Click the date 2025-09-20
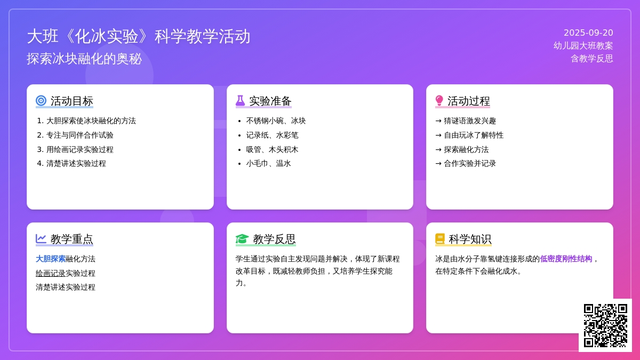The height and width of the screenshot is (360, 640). click(x=588, y=33)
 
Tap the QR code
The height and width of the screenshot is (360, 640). click(x=605, y=325)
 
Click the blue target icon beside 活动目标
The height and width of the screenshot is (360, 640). click(x=41, y=101)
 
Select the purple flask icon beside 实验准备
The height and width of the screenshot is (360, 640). click(x=241, y=101)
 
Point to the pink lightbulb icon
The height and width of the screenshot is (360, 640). click(x=439, y=101)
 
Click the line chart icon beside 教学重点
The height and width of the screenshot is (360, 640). click(x=41, y=238)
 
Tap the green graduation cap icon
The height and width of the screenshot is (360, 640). click(x=242, y=239)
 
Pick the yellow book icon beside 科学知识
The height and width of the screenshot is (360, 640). click(x=440, y=238)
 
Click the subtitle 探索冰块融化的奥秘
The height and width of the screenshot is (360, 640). click(x=84, y=59)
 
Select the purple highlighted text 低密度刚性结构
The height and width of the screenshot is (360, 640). click(x=566, y=259)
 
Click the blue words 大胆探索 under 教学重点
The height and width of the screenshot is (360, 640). click(x=51, y=259)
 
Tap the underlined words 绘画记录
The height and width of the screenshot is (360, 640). click(x=51, y=273)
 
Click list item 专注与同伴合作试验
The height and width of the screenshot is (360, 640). click(x=79, y=135)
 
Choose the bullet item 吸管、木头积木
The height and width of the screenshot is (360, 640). click(x=272, y=149)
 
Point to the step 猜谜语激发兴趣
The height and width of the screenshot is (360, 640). click(x=470, y=121)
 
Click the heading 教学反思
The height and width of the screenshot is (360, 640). click(x=274, y=239)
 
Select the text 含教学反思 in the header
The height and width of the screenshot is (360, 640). click(x=591, y=59)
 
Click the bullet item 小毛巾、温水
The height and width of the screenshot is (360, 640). click(x=268, y=163)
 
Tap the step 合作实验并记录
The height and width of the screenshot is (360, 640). click(x=470, y=163)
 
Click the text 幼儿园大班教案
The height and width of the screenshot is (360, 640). click(x=583, y=46)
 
